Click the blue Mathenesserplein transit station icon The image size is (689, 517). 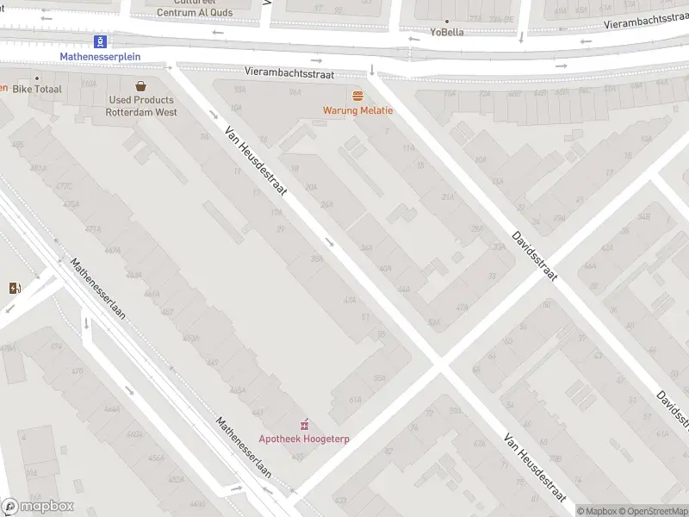coord(101,41)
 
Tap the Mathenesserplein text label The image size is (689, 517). coord(100,57)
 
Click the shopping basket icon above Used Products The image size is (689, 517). coord(140,85)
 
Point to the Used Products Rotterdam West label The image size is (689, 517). coord(140,106)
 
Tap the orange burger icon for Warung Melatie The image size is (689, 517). coord(357,95)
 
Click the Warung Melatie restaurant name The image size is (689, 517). coord(357,110)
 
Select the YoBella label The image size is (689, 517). coord(447,33)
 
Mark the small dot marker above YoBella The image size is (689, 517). coord(447,21)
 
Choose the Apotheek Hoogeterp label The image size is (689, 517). coord(304,439)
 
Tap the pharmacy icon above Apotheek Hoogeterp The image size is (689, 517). coord(304,424)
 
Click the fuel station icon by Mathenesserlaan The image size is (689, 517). coord(14,288)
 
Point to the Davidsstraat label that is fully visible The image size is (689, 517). coord(535,254)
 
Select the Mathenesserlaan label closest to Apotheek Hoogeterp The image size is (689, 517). coord(243,448)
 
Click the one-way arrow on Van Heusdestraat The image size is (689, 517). coord(331,242)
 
